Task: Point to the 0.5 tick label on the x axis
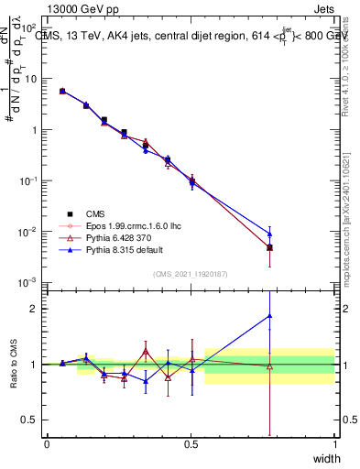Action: point(191,444)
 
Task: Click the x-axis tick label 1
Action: point(334,444)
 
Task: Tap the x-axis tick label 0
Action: point(47,444)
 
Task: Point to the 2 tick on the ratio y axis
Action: point(32,308)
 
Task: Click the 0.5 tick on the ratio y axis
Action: point(28,420)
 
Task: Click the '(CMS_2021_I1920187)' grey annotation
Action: point(191,272)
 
